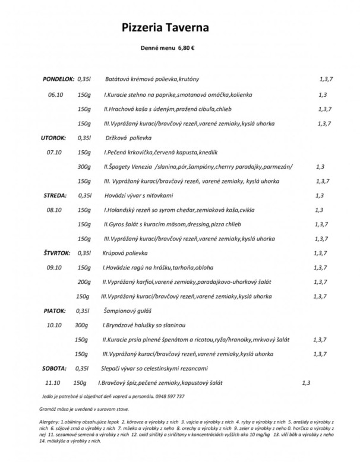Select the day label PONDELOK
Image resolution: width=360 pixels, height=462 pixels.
[x=58, y=78]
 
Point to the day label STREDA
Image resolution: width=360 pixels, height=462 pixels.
[x=56, y=195]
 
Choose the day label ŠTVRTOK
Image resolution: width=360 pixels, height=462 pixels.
[x=56, y=252]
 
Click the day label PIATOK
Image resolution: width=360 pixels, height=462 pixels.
[x=54, y=310]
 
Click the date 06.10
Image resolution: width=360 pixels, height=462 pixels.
[x=55, y=94]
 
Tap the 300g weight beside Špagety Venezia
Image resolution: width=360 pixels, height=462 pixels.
[x=85, y=166]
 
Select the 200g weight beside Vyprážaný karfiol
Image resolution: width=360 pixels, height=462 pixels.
[x=84, y=281]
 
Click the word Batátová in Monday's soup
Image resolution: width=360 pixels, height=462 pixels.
[x=118, y=78]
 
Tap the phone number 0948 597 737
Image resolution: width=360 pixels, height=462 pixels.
[x=168, y=395]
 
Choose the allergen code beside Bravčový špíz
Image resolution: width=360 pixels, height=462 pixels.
[x=306, y=382]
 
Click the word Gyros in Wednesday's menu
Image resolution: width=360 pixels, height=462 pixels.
[x=115, y=224]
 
